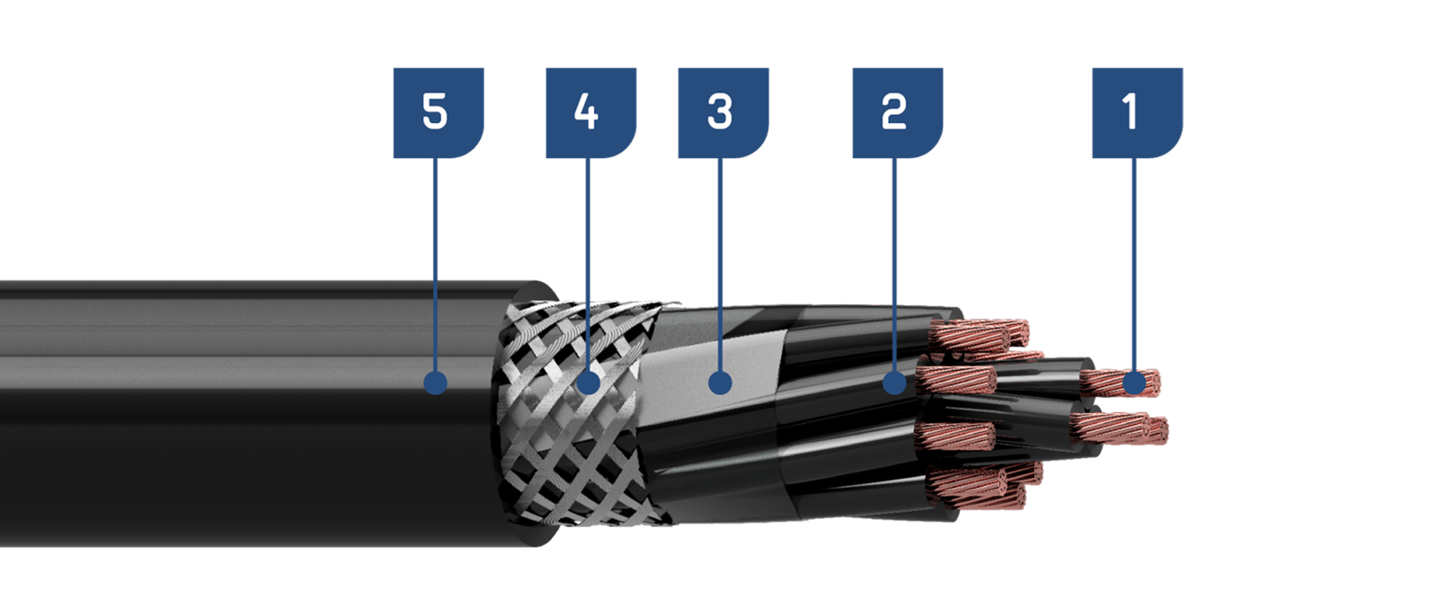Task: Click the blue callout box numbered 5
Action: coord(439,113)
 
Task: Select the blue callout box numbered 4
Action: coord(591,113)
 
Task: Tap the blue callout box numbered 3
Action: coord(723,113)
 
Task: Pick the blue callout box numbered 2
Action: coord(898,113)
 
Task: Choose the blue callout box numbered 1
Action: coord(1138,113)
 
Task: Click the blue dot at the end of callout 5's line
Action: coord(436,383)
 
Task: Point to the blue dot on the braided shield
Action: coord(588,383)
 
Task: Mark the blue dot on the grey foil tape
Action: coord(720,383)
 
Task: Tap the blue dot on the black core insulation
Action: coord(894,383)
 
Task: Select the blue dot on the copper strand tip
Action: coord(1134,383)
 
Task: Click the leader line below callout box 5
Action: coord(435,265)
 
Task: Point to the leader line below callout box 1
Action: coord(1133,265)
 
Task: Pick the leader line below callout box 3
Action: coord(720,265)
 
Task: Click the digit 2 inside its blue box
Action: coord(893,111)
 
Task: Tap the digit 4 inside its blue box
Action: coord(586,111)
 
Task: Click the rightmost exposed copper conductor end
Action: coord(1151,430)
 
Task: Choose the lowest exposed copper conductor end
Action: coord(976,493)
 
